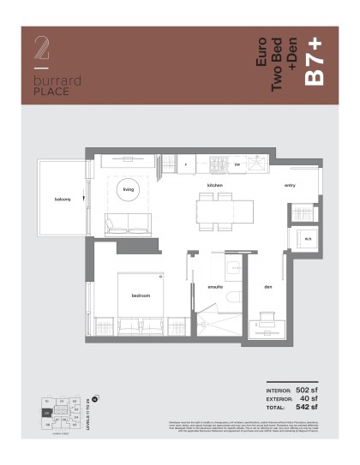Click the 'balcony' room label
(x=63, y=200)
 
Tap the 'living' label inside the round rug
(x=129, y=190)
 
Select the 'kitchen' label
(x=214, y=185)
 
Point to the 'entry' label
(x=291, y=185)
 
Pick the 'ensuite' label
(x=214, y=287)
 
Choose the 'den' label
(x=267, y=287)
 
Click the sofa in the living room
(x=129, y=224)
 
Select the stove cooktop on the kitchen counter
(x=217, y=162)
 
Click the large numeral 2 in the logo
(x=40, y=49)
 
